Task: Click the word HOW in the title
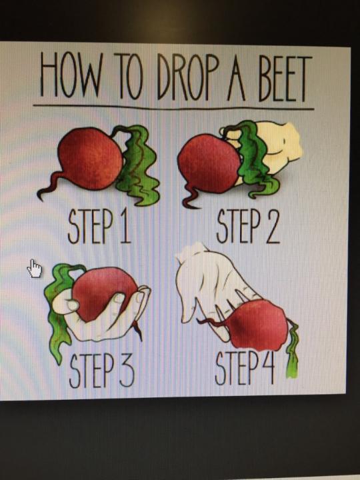coord(71,74)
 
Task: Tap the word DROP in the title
coord(187,77)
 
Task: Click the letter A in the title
coord(236,79)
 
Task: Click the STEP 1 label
coord(99,226)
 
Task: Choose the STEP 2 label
coord(248,225)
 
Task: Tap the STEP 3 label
coord(101,370)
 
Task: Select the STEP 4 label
coord(245,367)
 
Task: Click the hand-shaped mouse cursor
coord(34,269)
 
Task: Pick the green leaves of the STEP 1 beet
coord(137,165)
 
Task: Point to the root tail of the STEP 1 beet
coord(49,186)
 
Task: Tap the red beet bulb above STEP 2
coord(209,163)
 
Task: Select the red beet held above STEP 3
coord(104,293)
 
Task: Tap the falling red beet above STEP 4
coord(257,325)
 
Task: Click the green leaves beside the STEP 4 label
coord(293,349)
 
